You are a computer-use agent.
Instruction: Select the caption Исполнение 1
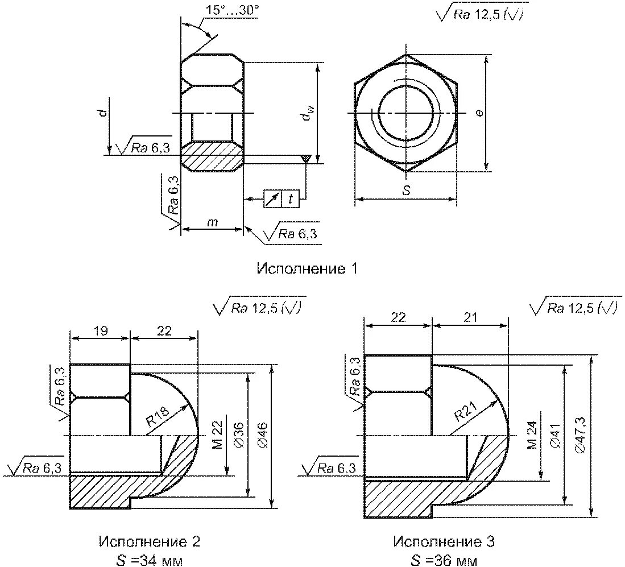307,268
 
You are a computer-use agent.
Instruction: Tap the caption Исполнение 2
150,541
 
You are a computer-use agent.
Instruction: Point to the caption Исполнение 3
444,541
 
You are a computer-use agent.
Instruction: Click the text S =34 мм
150,560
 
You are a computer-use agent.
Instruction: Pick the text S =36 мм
444,560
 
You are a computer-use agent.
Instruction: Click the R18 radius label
157,419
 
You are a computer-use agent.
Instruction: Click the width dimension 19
100,330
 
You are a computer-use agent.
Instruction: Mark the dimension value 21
470,317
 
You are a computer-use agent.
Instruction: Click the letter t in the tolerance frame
291,199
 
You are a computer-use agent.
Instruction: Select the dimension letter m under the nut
212,222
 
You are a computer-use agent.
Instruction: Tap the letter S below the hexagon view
406,191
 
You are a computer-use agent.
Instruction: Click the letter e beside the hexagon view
479,113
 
